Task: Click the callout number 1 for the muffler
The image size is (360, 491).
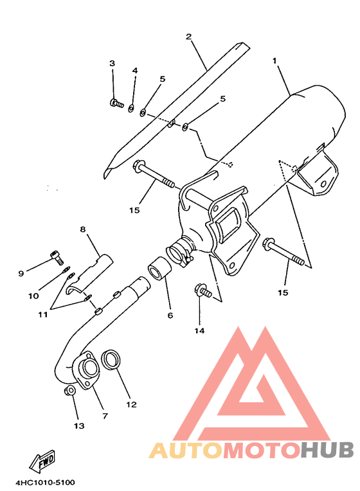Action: (274, 60)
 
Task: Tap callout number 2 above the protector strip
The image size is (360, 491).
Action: (188, 37)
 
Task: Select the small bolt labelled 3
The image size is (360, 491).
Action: (116, 103)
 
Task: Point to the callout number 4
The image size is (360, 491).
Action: (135, 71)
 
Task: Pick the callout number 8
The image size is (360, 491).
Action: (83, 229)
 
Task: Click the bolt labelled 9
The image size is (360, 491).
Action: (57, 257)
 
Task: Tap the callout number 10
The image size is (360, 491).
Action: (33, 296)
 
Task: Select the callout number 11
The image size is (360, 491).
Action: (43, 314)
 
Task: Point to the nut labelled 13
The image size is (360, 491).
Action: (69, 391)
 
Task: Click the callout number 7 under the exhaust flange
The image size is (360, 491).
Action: (105, 416)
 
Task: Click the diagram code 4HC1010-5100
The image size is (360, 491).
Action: (46, 482)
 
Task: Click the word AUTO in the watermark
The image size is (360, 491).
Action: (186, 450)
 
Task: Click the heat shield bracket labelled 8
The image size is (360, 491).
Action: (89, 274)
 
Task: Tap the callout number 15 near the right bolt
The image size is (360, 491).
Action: (283, 292)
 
